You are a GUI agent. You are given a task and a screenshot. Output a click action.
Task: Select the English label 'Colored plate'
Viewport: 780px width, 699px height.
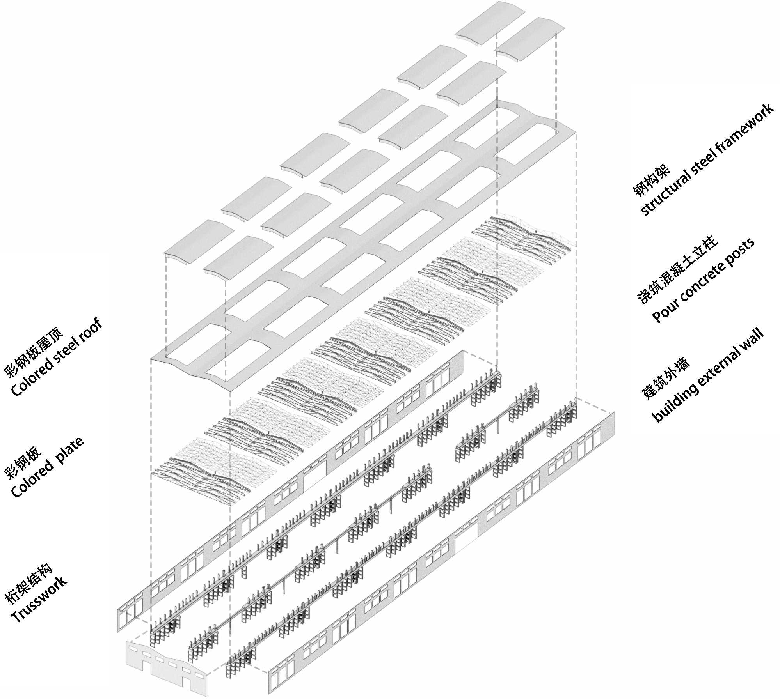(47, 467)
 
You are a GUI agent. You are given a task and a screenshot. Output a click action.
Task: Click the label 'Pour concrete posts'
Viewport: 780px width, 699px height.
(704, 280)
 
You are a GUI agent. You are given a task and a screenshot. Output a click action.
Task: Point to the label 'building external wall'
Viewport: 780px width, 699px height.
(708, 376)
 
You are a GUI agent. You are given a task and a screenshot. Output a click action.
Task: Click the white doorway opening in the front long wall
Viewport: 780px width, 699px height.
(466, 536)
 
